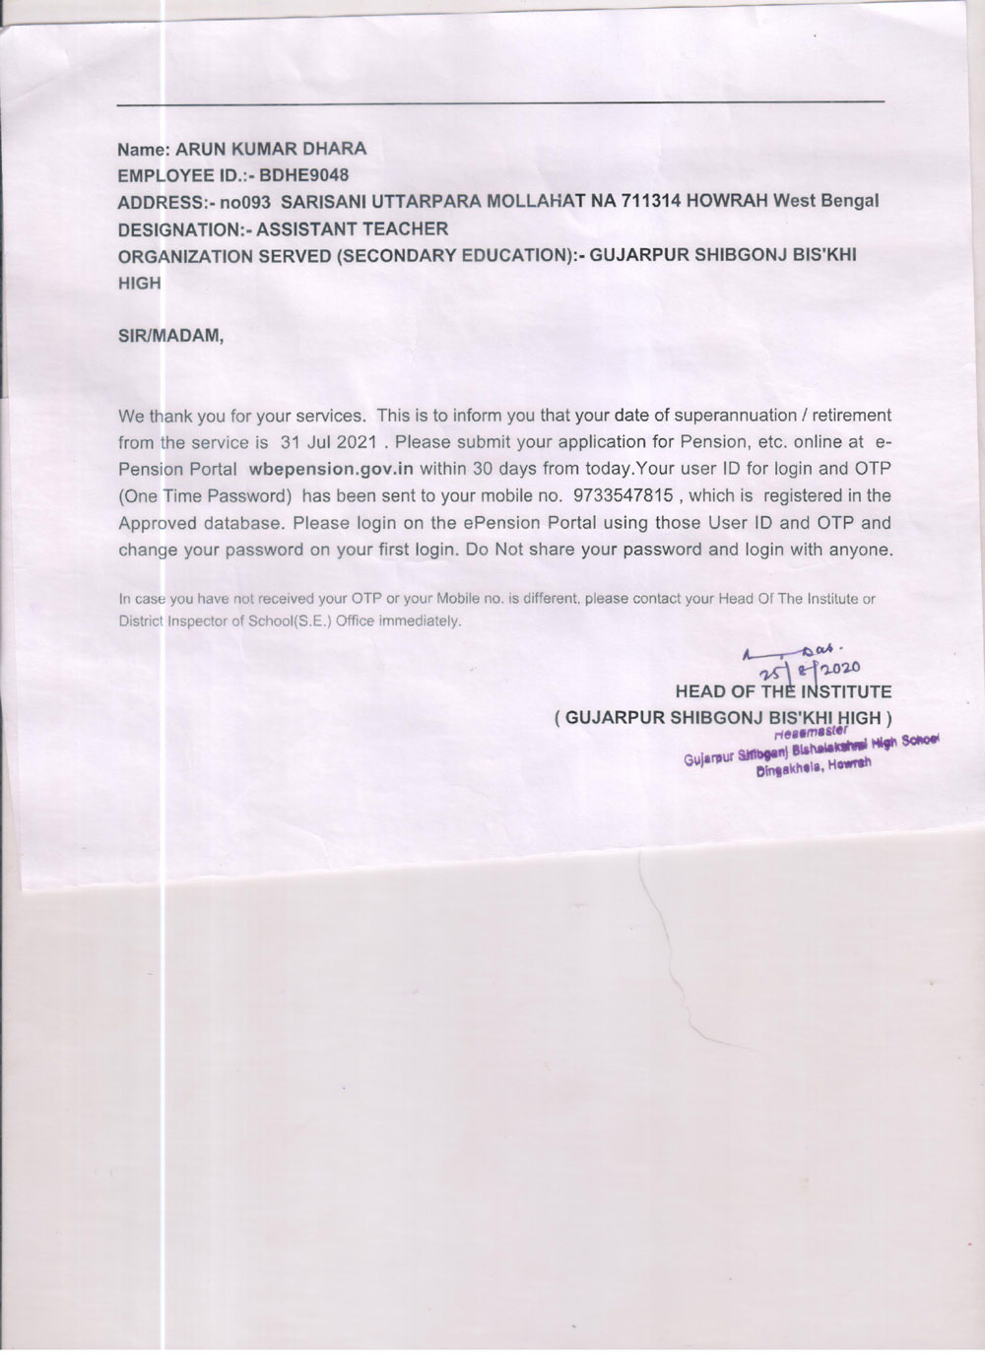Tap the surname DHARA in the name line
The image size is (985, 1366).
coord(331,150)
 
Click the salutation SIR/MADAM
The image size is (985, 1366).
coord(171,335)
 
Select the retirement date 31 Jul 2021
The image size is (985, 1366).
coord(329,442)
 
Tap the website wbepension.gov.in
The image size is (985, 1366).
coord(331,469)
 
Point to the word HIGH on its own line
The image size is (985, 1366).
coord(139,283)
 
